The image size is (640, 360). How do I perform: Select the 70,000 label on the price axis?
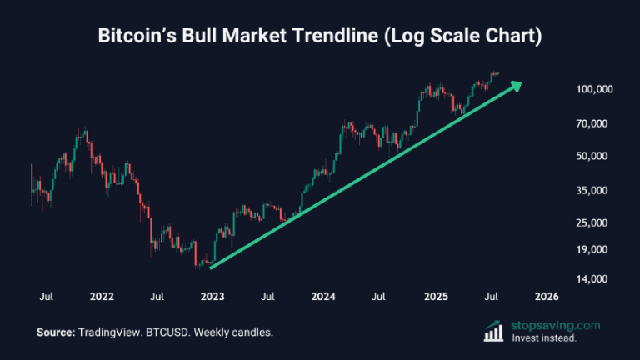[x=597, y=124]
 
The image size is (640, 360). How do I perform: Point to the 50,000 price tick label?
[x=597, y=157]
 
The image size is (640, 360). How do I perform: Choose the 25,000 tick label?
[x=597, y=223]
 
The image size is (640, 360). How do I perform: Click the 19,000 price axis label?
[x=597, y=250]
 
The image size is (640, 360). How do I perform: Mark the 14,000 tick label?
[x=597, y=279]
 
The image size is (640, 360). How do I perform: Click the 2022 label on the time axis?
[x=102, y=297]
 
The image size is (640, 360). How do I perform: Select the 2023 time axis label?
[x=212, y=297]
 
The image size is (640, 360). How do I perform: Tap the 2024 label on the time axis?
[x=323, y=297]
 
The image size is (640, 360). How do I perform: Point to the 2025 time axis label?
[x=436, y=297]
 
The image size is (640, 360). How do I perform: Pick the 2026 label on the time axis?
[x=547, y=297]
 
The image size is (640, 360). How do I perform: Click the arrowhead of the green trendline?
[x=517, y=84]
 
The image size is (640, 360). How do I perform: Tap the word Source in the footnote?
[x=55, y=332]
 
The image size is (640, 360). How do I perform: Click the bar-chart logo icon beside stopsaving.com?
[x=492, y=331]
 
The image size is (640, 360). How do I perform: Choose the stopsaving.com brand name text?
[x=552, y=325]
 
